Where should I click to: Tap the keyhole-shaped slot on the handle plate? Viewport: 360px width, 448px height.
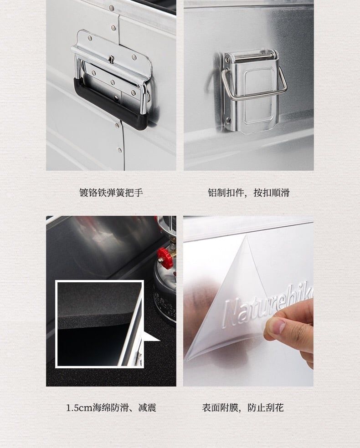[111, 60]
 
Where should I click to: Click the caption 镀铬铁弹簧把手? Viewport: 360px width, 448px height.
[111, 193]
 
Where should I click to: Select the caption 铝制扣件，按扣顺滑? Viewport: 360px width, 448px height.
[248, 193]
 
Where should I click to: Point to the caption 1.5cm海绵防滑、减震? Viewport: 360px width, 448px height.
[111, 407]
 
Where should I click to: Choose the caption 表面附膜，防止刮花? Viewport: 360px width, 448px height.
[243, 407]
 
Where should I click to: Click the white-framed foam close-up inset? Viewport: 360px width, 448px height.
[99, 324]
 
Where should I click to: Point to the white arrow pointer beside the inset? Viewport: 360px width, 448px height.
[151, 337]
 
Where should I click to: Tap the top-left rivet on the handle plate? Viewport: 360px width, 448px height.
[90, 37]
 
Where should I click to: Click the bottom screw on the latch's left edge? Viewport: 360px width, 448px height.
[228, 120]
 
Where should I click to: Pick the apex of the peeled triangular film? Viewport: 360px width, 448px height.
[246, 236]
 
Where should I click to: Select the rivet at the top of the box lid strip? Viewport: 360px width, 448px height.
[112, 8]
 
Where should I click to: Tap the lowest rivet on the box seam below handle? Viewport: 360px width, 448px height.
[119, 150]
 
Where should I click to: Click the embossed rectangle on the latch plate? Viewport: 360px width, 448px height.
[259, 96]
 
